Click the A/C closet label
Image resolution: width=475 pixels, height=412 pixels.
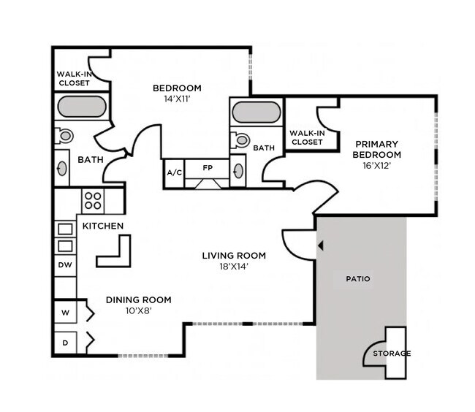point(174,173)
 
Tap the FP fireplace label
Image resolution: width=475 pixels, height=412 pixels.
point(207,167)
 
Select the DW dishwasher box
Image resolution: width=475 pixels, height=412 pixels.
point(65,265)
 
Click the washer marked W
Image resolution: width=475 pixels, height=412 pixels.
point(65,313)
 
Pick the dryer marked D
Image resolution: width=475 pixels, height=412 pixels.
point(65,341)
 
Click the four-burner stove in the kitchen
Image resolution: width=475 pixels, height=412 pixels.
point(93,200)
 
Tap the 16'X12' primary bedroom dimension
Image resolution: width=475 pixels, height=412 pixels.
point(376,166)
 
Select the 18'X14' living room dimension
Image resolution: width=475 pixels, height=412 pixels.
point(234,267)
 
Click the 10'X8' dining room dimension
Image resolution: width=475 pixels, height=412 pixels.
point(138,310)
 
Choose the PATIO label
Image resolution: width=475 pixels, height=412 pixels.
point(358,279)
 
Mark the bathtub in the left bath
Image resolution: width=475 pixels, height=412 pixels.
point(81,108)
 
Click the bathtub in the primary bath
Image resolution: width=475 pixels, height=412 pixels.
point(256,113)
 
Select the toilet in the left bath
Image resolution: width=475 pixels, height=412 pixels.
point(64,136)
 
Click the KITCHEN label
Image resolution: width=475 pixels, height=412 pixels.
point(102,226)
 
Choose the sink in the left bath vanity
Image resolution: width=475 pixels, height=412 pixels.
point(62,168)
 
